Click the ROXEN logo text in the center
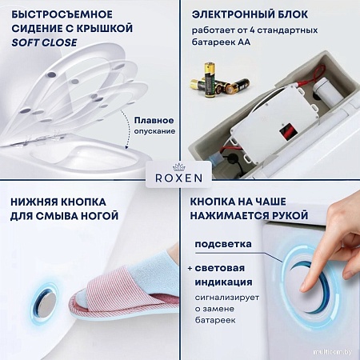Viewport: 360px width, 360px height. click(179, 180)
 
